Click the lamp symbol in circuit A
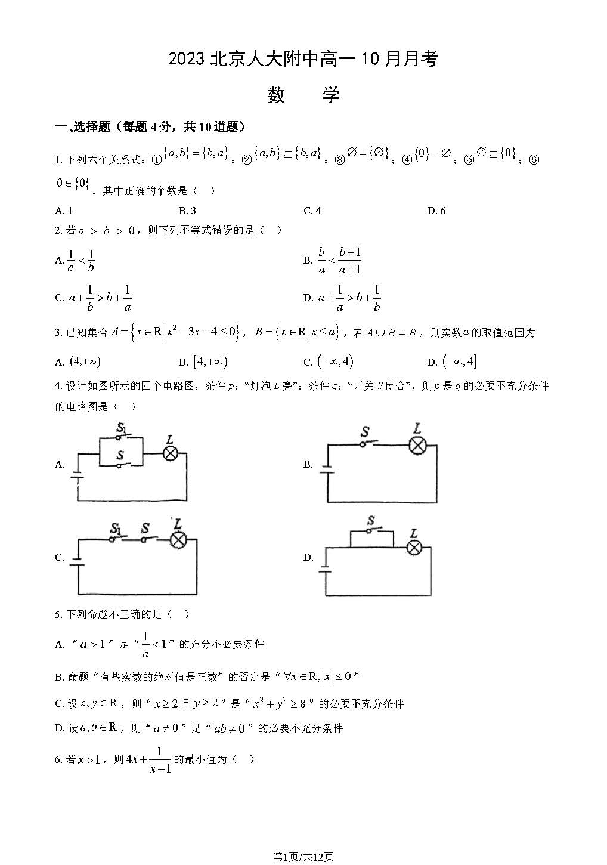click(x=171, y=453)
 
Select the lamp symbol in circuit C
click(x=177, y=540)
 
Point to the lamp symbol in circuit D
click(x=414, y=547)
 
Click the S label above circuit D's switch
click(x=371, y=521)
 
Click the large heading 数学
click(x=303, y=95)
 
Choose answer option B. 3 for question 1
click(x=187, y=211)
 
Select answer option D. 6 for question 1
click(x=436, y=211)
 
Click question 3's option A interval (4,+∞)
click(x=85, y=362)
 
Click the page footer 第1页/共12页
click(x=303, y=857)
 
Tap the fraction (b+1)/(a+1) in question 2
click(x=349, y=261)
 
